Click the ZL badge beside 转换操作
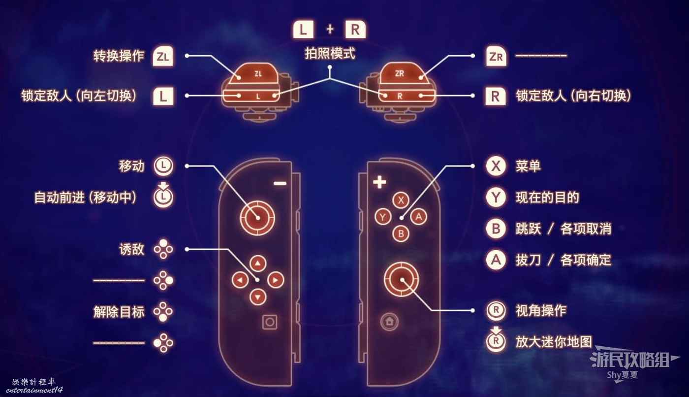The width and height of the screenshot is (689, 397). (163, 56)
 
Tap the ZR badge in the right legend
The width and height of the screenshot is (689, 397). (495, 56)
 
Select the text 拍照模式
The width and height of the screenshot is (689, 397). (329, 54)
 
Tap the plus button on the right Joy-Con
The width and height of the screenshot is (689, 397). (379, 183)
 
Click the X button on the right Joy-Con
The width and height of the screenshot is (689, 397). (401, 200)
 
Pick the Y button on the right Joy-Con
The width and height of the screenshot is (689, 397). (383, 216)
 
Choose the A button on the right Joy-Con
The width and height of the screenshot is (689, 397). (418, 216)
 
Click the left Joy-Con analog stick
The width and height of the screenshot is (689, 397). (257, 217)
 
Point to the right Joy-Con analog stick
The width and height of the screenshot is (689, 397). (402, 279)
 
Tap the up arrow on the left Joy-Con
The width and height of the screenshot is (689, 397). (257, 263)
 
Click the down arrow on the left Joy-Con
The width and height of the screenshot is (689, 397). (257, 297)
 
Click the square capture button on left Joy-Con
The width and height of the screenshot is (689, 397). (269, 322)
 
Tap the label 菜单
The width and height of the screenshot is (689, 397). (528, 166)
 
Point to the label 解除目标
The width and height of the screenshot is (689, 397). (119, 312)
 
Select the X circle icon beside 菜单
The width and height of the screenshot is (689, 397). (496, 166)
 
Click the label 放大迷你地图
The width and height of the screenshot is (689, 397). (553, 342)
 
